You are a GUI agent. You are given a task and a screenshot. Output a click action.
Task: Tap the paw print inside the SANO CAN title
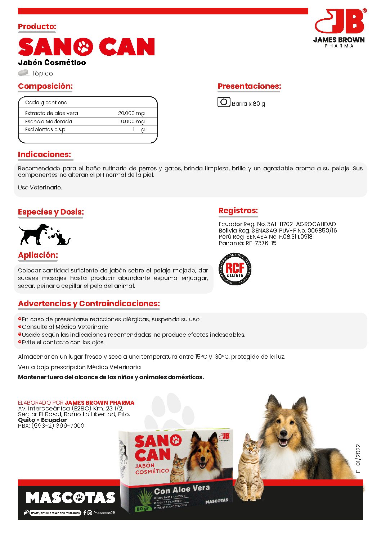(83, 47)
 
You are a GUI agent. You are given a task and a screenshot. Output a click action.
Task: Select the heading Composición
(45, 86)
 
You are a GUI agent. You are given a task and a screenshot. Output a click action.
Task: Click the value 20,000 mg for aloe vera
(131, 113)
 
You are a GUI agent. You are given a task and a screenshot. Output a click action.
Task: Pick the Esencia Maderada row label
(49, 121)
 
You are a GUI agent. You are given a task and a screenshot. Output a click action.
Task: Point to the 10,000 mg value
(131, 121)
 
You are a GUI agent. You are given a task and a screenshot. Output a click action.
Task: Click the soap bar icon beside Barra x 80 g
(224, 102)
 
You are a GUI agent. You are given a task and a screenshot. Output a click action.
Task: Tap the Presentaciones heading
(249, 86)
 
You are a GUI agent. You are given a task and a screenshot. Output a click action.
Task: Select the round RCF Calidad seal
(235, 269)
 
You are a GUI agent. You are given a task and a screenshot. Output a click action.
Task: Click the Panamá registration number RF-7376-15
(261, 243)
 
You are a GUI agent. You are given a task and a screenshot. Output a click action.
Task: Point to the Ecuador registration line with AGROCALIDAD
(277, 224)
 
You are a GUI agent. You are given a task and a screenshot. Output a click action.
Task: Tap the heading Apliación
(38, 255)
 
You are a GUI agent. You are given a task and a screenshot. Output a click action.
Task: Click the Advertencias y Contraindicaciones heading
(89, 304)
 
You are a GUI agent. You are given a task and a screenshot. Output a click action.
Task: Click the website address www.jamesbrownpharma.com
(55, 513)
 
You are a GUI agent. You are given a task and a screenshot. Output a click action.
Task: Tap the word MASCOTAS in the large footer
(71, 498)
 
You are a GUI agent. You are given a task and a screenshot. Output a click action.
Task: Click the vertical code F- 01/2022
(358, 458)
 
